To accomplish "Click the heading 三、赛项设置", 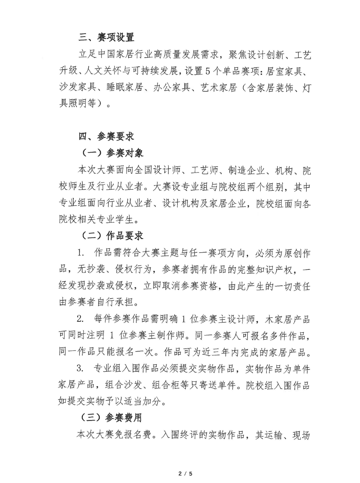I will point(106,37).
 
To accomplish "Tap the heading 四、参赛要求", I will point(106,136).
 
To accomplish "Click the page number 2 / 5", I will point(185,474).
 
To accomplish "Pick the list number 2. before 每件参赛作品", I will point(81,319).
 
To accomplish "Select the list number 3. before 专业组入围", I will point(81,369).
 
